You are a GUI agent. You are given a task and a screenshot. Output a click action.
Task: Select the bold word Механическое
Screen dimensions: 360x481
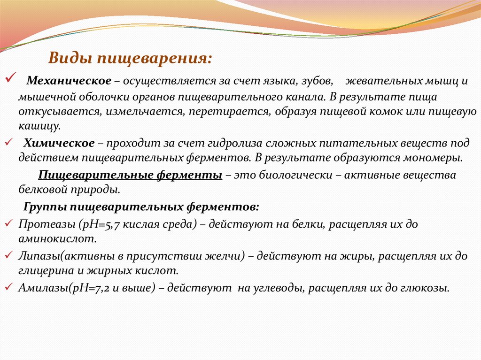68,81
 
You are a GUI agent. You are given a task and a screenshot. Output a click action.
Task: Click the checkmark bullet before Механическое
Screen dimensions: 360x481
11,77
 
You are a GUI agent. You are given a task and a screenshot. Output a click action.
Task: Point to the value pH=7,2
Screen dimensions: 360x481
86,288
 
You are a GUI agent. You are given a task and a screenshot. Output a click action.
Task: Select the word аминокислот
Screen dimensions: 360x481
57,239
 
